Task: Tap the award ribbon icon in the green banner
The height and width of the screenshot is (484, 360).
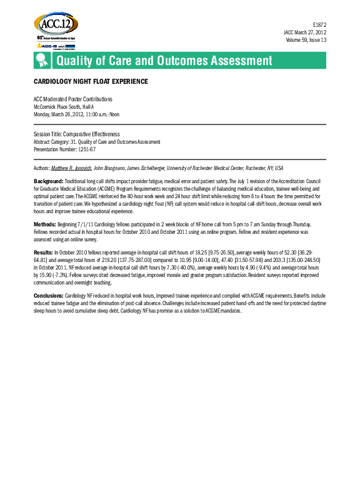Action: point(42,61)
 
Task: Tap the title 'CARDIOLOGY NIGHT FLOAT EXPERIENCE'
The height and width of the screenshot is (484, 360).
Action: point(91,82)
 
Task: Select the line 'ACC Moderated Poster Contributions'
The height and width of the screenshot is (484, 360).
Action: point(72,99)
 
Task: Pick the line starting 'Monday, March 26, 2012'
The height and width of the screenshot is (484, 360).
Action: point(76,114)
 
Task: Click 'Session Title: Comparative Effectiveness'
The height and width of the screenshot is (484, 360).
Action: point(77,134)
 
